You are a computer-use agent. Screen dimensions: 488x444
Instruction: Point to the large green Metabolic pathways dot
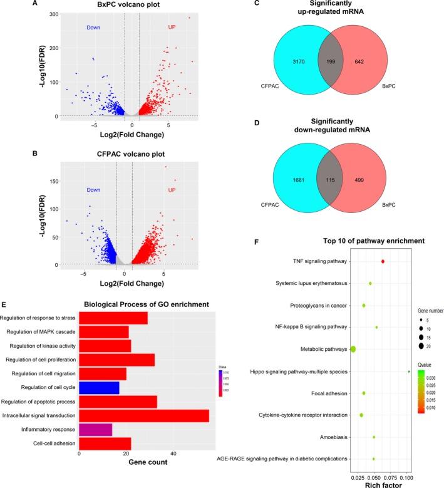tap(353, 349)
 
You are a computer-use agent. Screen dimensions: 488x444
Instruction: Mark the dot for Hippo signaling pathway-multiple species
tap(408, 371)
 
